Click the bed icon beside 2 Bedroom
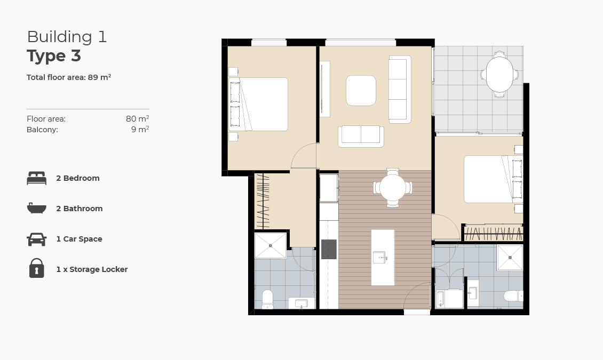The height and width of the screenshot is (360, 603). pos(36,178)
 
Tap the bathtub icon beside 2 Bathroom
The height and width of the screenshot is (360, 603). pos(36,208)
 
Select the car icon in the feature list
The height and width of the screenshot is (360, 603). pos(36,239)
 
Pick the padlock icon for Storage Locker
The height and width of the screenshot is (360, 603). pos(36,268)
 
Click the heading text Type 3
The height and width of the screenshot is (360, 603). pos(54,56)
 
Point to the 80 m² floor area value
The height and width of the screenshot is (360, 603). pos(137,119)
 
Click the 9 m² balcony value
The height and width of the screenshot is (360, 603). pos(140,129)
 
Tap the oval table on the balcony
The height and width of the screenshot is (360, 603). pos(499,75)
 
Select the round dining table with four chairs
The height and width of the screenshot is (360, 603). pos(393,188)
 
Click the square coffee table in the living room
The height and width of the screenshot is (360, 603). pos(361,91)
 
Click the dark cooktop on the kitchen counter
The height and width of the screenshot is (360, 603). pos(329,249)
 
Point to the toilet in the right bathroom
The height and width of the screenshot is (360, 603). pos(512,296)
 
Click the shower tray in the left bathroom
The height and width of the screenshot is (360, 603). pos(271,246)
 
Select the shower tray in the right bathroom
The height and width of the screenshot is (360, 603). pos(510,258)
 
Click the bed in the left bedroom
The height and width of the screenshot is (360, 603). pos(261,104)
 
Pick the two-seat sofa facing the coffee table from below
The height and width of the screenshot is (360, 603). pos(361,136)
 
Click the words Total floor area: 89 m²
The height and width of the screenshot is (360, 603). pos(69,77)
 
